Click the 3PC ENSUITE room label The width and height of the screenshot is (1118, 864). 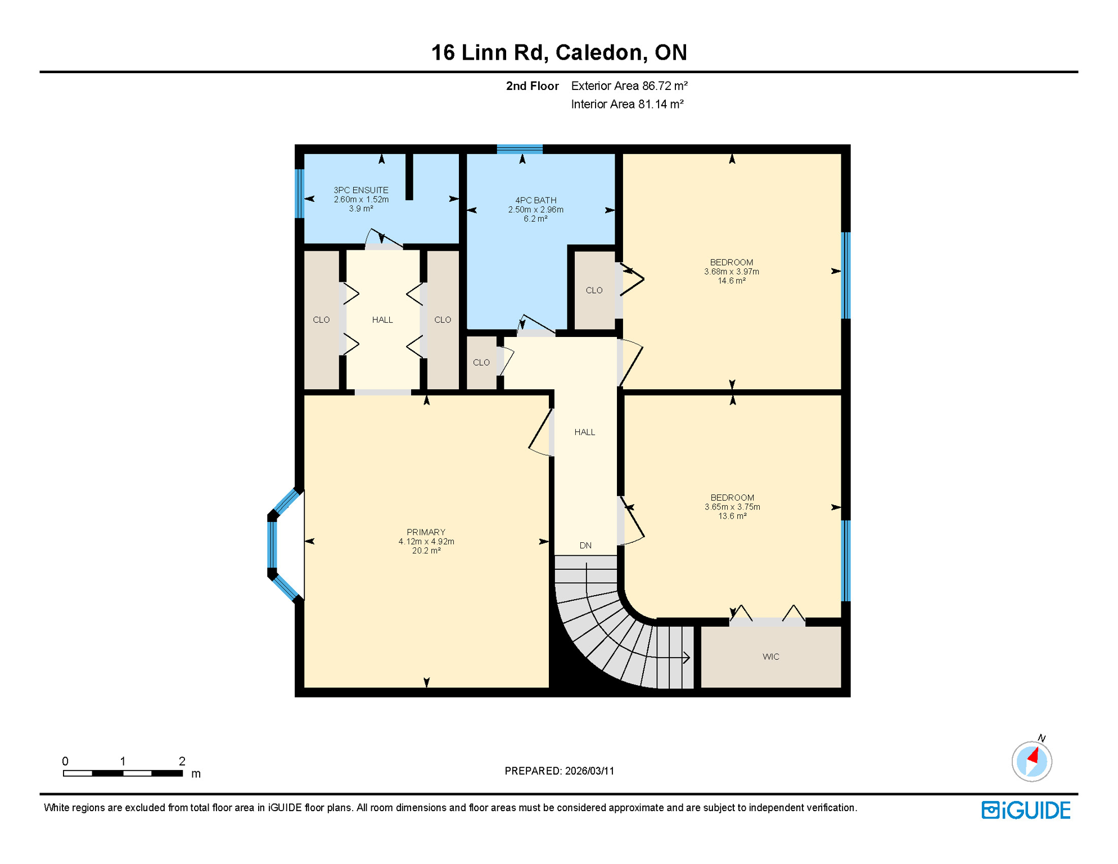tap(360, 190)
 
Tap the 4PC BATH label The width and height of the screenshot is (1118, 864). tap(535, 200)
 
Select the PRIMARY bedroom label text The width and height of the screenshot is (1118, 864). tap(426, 532)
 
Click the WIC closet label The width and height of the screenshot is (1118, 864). tap(770, 656)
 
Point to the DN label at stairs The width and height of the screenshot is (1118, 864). tap(585, 545)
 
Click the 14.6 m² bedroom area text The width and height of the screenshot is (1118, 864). tap(731, 281)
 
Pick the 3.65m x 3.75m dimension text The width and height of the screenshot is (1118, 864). tap(732, 507)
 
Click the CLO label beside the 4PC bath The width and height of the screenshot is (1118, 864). tap(594, 290)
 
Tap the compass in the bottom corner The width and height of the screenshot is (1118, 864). tap(1031, 762)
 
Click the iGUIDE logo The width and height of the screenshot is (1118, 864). tap(1026, 810)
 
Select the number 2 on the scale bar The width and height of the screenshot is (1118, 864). tap(182, 761)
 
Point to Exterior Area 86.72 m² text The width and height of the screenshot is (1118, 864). tap(629, 86)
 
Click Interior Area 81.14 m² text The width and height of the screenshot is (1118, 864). tap(626, 104)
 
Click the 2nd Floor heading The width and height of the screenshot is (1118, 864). tap(532, 86)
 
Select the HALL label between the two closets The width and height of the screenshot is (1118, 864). tap(382, 319)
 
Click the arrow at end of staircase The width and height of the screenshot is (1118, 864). tap(686, 657)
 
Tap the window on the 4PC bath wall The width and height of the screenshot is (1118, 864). tap(520, 149)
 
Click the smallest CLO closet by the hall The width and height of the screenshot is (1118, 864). tap(481, 362)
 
